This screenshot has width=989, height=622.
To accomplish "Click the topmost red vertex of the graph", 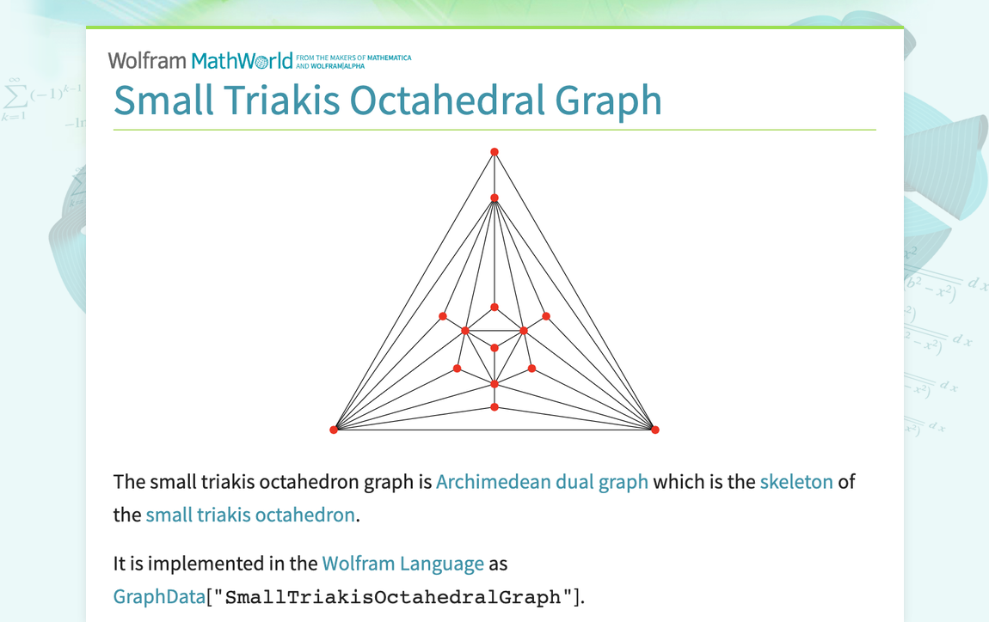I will tap(494, 152).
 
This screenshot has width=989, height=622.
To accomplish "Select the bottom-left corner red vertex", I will tap(335, 430).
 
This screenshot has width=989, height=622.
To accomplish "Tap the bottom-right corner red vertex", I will tap(655, 430).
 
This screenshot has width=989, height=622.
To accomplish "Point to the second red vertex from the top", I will tap(494, 198).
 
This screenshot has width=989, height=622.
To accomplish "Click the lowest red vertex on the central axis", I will tap(494, 407).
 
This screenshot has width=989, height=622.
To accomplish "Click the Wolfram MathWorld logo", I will tap(200, 60).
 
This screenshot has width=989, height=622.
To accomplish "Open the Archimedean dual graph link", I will tap(542, 481).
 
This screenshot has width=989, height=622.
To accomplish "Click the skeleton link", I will tap(796, 481).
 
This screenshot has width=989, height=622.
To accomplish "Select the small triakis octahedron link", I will tap(250, 515).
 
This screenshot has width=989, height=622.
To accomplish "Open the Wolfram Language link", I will tap(402, 564).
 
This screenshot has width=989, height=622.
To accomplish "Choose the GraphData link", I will tap(159, 596).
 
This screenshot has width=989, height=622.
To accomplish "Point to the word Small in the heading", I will tap(163, 100).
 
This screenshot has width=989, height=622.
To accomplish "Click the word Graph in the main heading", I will tap(609, 100).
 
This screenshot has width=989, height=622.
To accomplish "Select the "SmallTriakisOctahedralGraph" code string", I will tap(396, 597).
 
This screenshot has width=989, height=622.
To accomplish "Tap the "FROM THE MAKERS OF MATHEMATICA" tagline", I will tap(353, 58).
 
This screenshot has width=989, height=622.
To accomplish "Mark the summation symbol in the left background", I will tap(12, 95).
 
